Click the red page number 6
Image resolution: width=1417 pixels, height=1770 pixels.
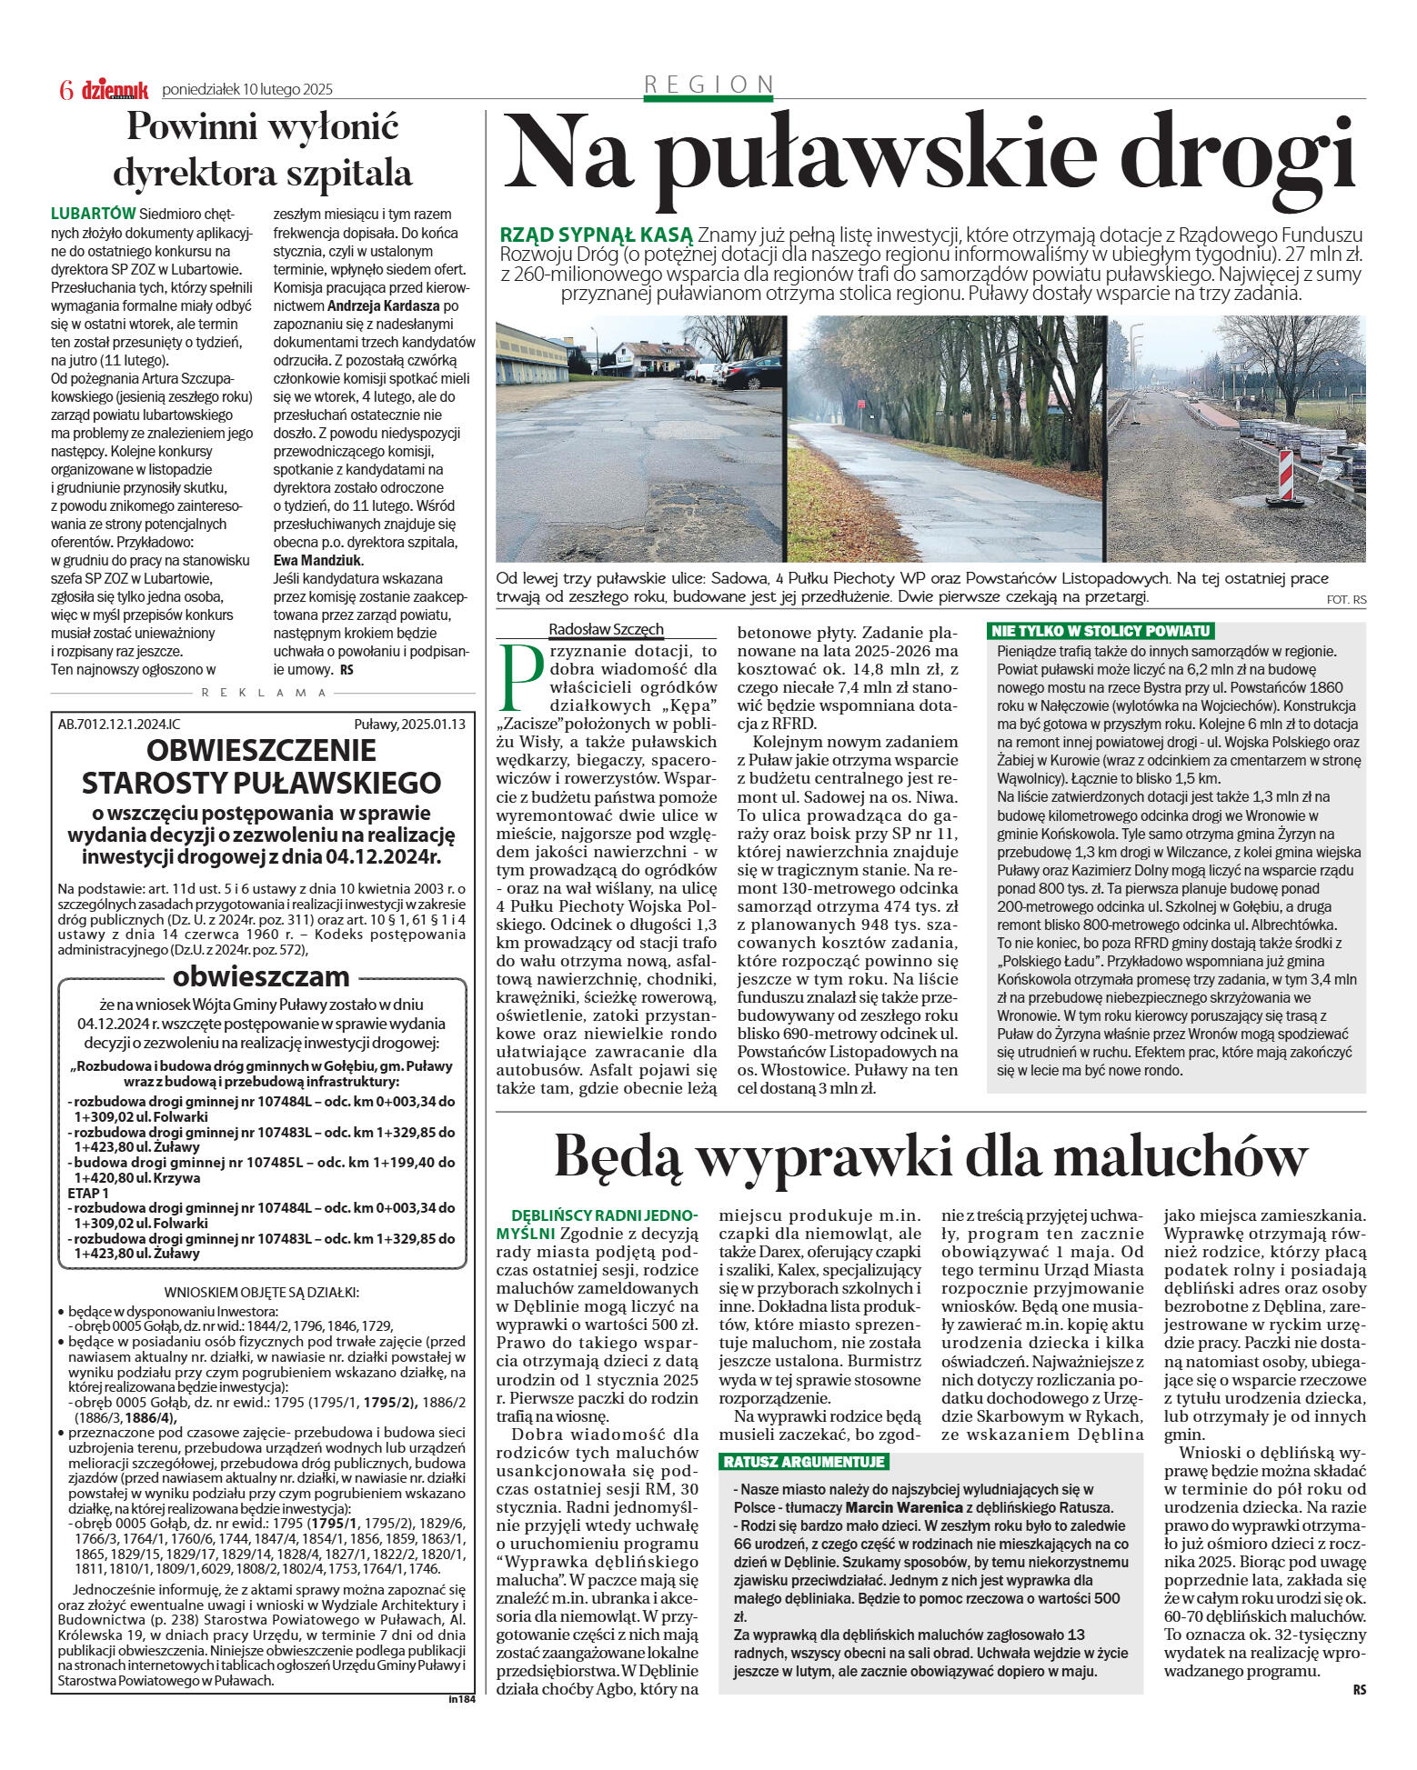click(65, 90)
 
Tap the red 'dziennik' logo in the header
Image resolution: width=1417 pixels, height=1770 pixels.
click(115, 90)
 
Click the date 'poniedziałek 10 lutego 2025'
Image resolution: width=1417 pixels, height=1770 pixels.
click(247, 90)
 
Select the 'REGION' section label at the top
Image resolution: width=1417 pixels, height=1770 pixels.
click(708, 85)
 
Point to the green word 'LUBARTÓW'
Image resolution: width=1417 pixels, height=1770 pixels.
click(93, 215)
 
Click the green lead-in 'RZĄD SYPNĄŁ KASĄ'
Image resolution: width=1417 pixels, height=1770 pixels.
click(596, 235)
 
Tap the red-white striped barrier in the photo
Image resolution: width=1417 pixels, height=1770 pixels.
click(1286, 475)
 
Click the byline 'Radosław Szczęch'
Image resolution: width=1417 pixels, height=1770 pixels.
click(606, 629)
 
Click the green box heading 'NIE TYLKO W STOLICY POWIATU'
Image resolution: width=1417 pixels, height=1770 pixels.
click(1100, 631)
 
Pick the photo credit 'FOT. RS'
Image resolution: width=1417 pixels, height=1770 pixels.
click(1346, 600)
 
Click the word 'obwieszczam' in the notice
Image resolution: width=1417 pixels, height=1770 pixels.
click(261, 976)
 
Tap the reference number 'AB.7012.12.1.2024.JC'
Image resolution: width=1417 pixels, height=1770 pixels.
click(119, 725)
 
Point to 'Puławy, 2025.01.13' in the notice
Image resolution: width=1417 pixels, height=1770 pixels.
click(409, 725)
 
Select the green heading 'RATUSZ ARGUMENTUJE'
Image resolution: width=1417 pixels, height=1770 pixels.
click(803, 1463)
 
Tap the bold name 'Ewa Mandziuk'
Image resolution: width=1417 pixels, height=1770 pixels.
click(317, 560)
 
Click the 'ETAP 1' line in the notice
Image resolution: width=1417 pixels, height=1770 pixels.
click(88, 1193)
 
